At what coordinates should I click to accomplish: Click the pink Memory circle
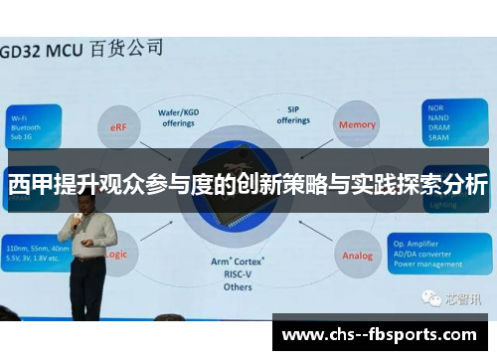coord(356,126)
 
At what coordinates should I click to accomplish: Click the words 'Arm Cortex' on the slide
coord(239,261)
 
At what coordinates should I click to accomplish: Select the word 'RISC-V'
coord(239,273)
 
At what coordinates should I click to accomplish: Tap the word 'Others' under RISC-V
coord(239,286)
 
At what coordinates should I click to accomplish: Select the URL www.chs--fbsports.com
coord(384,334)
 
